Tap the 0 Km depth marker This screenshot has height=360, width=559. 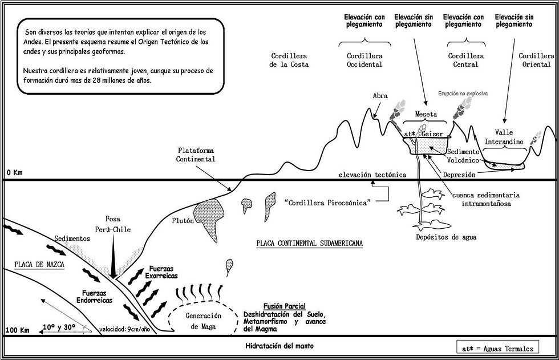14,172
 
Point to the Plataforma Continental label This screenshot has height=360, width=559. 196,155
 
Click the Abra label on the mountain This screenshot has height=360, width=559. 380,96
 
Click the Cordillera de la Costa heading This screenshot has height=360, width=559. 289,60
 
